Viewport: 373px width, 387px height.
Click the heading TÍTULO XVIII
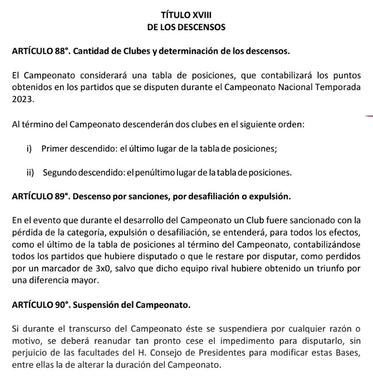[x=186, y=15]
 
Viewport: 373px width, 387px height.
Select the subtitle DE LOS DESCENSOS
[x=186, y=27]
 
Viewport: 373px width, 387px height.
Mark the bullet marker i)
[x=30, y=148]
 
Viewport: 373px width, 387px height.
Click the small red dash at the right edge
[x=369, y=116]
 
